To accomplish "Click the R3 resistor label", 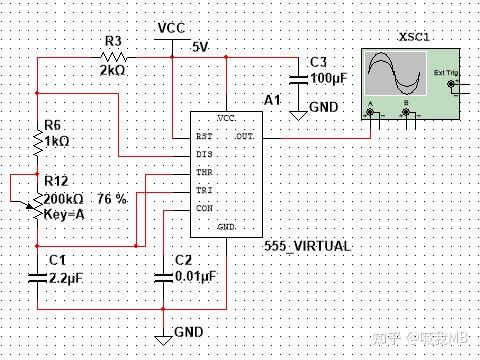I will point(113,40).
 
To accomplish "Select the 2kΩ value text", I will point(112,72).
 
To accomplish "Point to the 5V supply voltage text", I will point(200,46).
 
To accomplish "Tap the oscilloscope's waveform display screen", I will point(394,74).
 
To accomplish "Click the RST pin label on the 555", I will point(203,136).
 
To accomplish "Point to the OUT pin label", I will point(244,136).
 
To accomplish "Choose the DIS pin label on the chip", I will point(203,154).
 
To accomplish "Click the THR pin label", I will point(204,172).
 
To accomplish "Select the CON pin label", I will point(204,209).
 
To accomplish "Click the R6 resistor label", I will point(54,126).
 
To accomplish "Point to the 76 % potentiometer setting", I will point(112,199).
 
